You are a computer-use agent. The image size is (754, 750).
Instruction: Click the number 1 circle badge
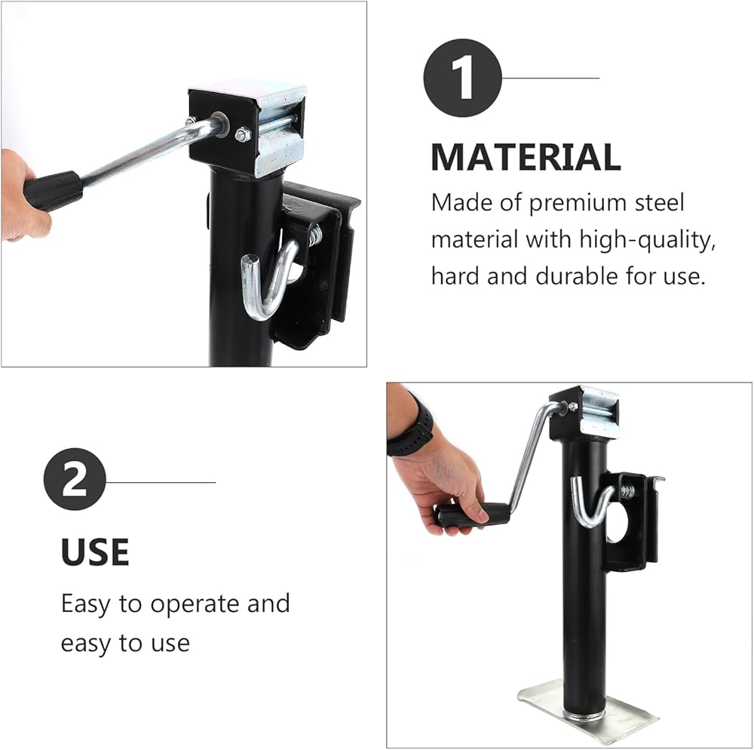coord(463,78)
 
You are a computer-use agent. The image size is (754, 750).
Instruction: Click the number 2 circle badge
coord(75,479)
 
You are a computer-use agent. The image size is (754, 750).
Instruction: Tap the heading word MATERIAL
coord(526,157)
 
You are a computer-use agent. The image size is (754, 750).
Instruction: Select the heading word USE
coord(95,552)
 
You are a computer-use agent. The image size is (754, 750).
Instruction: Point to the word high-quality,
coord(647,240)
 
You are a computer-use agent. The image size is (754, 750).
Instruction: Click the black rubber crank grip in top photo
coord(53,189)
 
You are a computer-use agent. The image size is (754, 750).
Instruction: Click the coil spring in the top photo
coord(315,236)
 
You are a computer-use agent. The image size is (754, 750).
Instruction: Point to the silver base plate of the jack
coord(588,711)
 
